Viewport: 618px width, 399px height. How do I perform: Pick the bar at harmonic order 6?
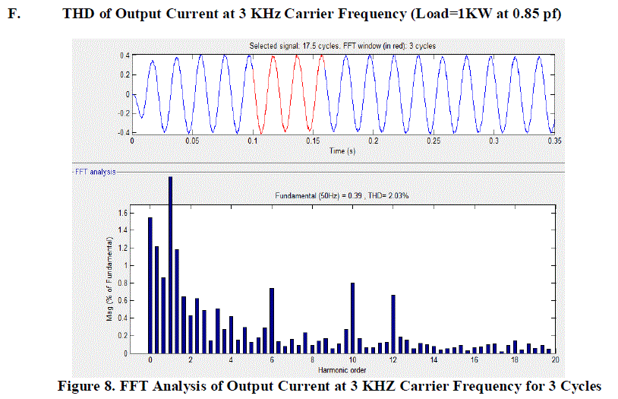coord(271,320)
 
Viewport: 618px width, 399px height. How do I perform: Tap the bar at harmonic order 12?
coord(393,324)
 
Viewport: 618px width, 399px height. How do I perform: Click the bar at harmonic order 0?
coord(150,285)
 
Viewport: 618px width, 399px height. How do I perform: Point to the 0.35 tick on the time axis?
coord(553,141)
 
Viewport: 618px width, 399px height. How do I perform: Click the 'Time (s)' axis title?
coord(342,150)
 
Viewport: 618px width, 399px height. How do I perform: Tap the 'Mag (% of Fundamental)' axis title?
coord(109,279)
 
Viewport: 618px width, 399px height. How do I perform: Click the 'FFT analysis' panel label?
coord(94,172)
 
